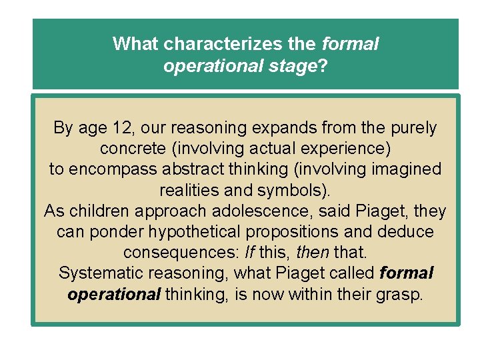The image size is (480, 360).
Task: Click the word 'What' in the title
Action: pyautogui.click(x=135, y=44)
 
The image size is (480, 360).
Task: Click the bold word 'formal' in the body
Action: pyautogui.click(x=406, y=273)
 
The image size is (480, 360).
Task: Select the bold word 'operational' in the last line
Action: pyautogui.click(x=114, y=295)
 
